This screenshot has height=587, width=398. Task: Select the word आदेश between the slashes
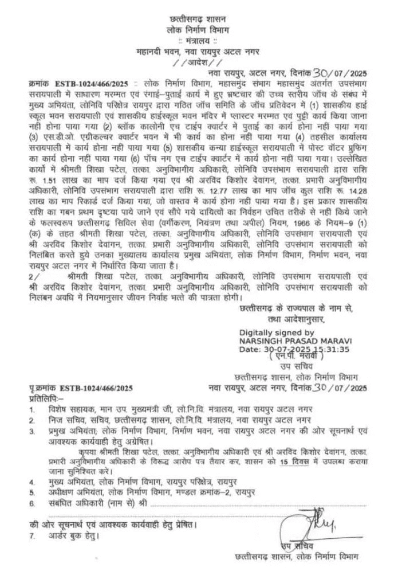click(x=199, y=61)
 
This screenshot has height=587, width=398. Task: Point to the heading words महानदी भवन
click(x=162, y=50)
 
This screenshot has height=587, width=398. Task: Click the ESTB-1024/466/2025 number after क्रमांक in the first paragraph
click(x=86, y=83)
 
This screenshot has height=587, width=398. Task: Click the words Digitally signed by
click(x=277, y=332)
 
